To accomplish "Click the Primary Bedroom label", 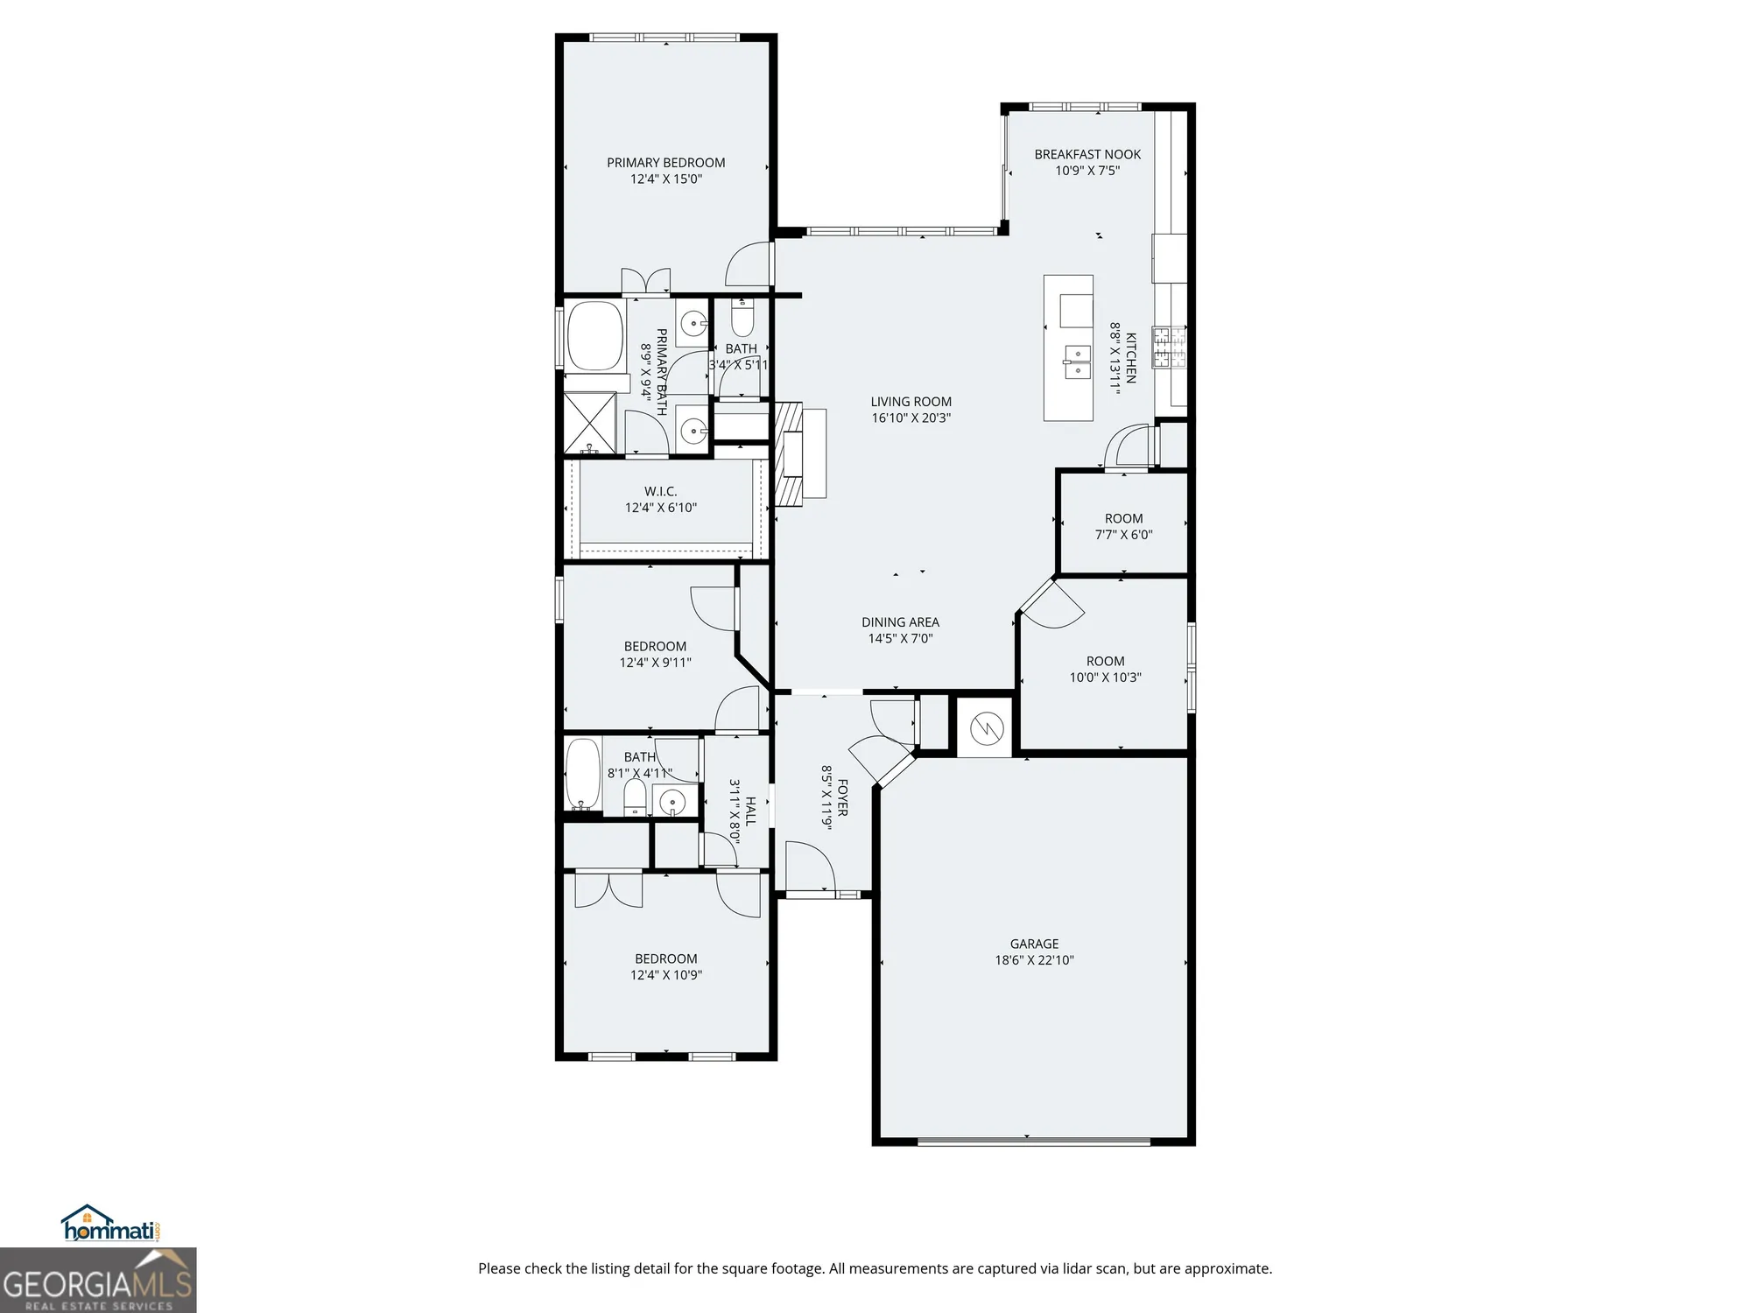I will pos(665,163).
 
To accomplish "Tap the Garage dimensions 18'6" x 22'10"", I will pos(1034,959).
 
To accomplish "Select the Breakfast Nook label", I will pos(1087,154).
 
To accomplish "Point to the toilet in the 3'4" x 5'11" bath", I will pos(742,319).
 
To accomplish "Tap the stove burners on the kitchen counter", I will pos(1169,348).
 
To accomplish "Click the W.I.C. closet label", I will pos(660,491).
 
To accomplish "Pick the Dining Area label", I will pos(900,622).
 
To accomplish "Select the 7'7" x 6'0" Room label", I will pos(1123,518).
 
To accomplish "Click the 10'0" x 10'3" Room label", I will pos(1105,661).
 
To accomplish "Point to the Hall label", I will pos(750,811).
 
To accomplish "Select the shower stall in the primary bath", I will pos(589,423).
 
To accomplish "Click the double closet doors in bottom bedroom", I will pos(608,890).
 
